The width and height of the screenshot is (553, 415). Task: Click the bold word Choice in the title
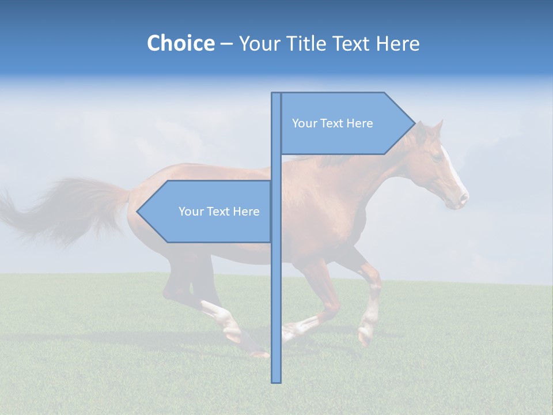180,43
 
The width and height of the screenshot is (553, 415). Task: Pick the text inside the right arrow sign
332,123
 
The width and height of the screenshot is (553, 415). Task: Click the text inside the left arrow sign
219,212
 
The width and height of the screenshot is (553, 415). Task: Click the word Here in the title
397,43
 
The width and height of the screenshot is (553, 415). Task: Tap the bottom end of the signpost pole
276,380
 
